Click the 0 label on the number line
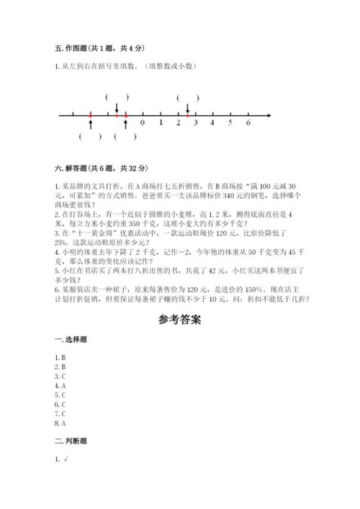(x=143, y=123)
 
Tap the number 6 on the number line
(x=248, y=123)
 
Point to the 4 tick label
(x=212, y=123)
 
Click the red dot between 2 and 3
(x=187, y=114)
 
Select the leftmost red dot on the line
(x=90, y=114)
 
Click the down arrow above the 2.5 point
(x=187, y=107)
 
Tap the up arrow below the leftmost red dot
(x=90, y=124)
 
